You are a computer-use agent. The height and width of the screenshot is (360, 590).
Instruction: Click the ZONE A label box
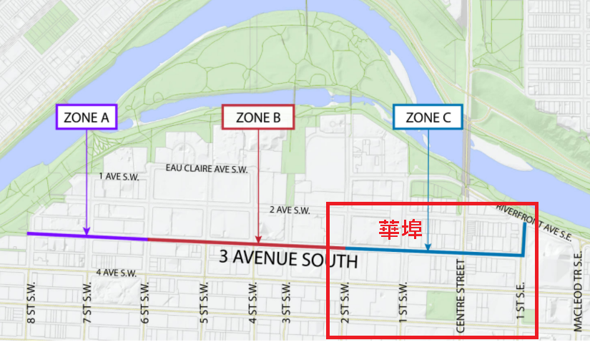click(x=86, y=118)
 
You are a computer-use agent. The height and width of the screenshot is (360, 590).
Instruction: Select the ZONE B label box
click(x=257, y=118)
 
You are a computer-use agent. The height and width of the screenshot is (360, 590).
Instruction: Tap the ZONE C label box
click(x=428, y=118)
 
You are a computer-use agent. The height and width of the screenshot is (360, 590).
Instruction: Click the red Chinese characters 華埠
click(x=400, y=229)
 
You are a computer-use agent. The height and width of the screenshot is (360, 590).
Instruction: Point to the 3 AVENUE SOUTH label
click(x=287, y=258)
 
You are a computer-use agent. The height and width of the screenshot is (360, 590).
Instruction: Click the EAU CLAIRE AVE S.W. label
click(x=206, y=168)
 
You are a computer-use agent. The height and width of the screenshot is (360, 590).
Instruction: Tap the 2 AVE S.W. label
click(x=289, y=210)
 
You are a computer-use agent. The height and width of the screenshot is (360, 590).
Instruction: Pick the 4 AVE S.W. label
click(x=117, y=273)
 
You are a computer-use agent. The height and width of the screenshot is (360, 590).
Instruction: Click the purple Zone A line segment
click(x=114, y=236)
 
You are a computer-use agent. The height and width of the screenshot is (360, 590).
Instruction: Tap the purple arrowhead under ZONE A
click(x=86, y=230)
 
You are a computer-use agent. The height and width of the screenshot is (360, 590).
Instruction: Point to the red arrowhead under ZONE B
click(x=257, y=239)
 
